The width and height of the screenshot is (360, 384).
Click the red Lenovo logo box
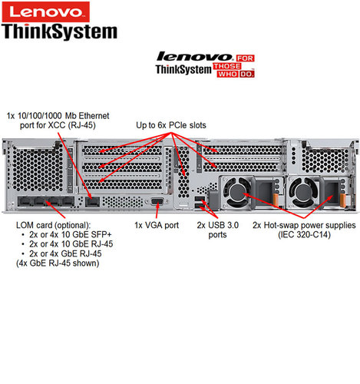tap(46, 12)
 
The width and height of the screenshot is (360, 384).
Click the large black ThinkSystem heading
tap(59, 31)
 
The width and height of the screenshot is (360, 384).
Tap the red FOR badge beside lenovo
tap(245, 58)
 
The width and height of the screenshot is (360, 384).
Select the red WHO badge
tap(227, 74)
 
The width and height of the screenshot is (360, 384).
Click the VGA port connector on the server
tap(157, 201)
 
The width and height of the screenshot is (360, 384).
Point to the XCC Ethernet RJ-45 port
tap(92, 202)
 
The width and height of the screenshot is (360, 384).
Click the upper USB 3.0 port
tap(199, 200)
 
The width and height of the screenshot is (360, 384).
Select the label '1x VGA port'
tap(157, 225)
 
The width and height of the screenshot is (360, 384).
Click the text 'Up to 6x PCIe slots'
tap(171, 125)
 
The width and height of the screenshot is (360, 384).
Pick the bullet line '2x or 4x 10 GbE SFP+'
tap(71, 234)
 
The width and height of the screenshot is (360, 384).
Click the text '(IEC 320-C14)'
tap(304, 234)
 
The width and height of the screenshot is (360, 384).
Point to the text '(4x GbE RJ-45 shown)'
tap(58, 263)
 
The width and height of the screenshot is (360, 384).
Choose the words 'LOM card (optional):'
tap(53, 225)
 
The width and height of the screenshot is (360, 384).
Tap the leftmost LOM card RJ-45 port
tap(25, 201)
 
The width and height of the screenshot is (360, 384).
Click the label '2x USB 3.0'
tap(218, 225)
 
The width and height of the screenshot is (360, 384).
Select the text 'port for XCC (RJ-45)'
tap(58, 125)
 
